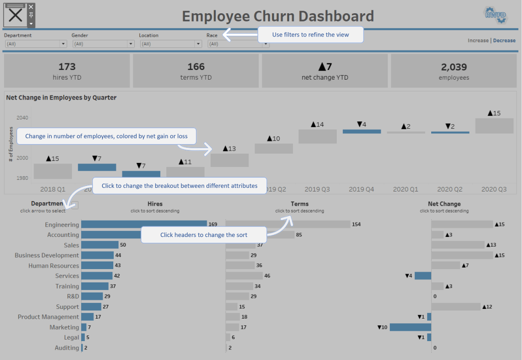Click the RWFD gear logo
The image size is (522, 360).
[x=495, y=15]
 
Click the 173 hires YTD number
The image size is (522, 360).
[x=67, y=66]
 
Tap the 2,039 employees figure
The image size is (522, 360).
[x=454, y=66]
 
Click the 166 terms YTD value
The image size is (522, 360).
[x=196, y=66]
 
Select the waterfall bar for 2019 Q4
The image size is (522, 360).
[x=362, y=131]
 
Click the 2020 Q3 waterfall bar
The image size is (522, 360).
[x=494, y=126]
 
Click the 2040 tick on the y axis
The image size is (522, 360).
[x=22, y=117]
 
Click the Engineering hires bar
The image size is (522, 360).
[x=143, y=224]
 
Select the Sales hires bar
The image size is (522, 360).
[x=100, y=245]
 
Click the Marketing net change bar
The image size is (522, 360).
[x=410, y=327]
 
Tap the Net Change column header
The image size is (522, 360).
[x=444, y=204]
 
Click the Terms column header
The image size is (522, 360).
[x=300, y=204]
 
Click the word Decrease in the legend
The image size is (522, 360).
[x=504, y=40]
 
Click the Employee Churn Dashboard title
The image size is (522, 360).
[x=278, y=16]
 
